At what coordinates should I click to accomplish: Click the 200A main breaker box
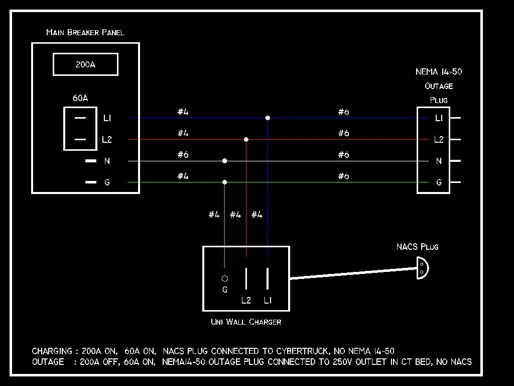click(85, 53)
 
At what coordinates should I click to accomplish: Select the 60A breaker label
click(80, 98)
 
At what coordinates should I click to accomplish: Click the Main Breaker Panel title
click(85, 32)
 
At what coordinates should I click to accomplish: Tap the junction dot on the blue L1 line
click(268, 118)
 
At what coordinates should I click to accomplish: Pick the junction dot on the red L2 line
click(246, 140)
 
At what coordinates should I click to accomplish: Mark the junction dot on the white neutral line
click(224, 161)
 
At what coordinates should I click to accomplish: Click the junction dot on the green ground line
click(224, 182)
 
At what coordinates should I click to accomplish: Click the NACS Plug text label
click(417, 246)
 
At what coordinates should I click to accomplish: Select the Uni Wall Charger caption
click(246, 322)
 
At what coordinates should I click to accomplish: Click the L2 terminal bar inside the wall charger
click(246, 278)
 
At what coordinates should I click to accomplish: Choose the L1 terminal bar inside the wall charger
click(268, 278)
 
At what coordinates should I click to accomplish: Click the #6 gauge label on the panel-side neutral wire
click(183, 154)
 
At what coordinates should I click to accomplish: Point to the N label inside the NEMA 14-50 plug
click(439, 161)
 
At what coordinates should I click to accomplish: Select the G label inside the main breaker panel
click(107, 182)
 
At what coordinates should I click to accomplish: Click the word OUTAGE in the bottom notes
click(48, 362)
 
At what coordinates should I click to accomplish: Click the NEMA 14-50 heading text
click(439, 71)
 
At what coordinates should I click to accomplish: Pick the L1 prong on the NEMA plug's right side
click(455, 118)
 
